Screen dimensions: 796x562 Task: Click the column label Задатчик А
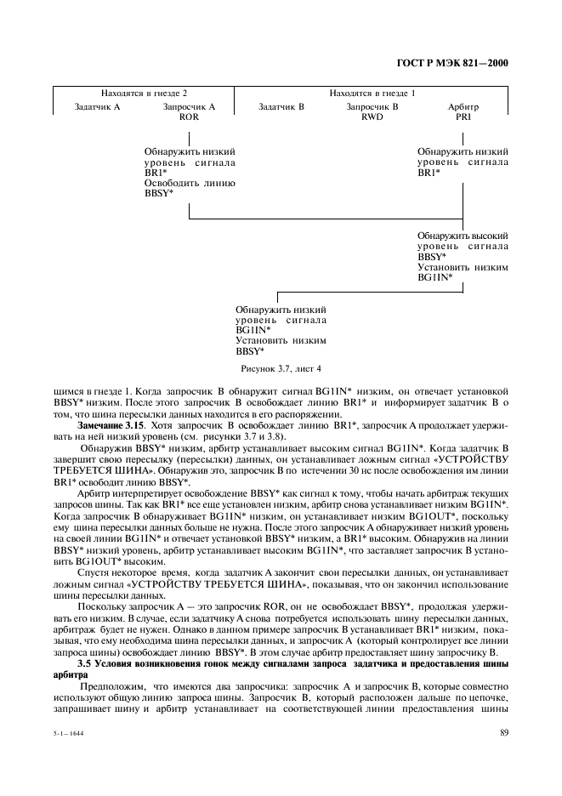click(x=98, y=107)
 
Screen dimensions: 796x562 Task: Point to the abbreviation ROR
click(x=189, y=117)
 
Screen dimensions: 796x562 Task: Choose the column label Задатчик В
click(x=281, y=107)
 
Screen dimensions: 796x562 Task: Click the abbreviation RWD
click(x=372, y=117)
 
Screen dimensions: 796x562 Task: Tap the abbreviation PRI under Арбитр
click(x=463, y=117)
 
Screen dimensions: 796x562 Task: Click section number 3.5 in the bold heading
click(x=85, y=662)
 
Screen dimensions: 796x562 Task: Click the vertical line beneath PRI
click(x=463, y=136)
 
